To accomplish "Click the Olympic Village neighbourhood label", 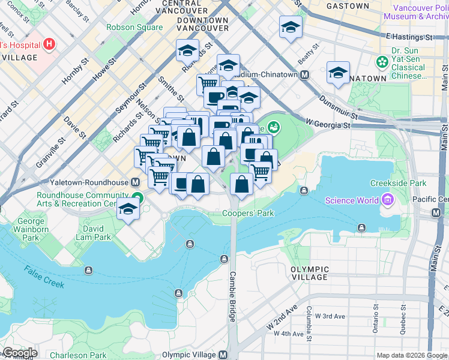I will pyautogui.click(x=309, y=274).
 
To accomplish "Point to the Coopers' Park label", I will pyautogui.click(x=248, y=213).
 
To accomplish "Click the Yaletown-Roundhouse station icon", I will pyautogui.click(x=136, y=182).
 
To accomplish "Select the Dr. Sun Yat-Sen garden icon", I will pyautogui.click(x=381, y=62).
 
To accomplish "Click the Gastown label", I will pyautogui.click(x=348, y=6).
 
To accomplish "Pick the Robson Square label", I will pyautogui.click(x=134, y=28).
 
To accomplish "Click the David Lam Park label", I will pyautogui.click(x=89, y=233).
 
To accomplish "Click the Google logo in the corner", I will pyautogui.click(x=19, y=353).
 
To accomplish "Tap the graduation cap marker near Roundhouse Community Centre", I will pyautogui.click(x=128, y=209).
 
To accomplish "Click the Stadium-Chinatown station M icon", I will pyautogui.click(x=304, y=75).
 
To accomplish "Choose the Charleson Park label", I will pyautogui.click(x=78, y=355).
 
